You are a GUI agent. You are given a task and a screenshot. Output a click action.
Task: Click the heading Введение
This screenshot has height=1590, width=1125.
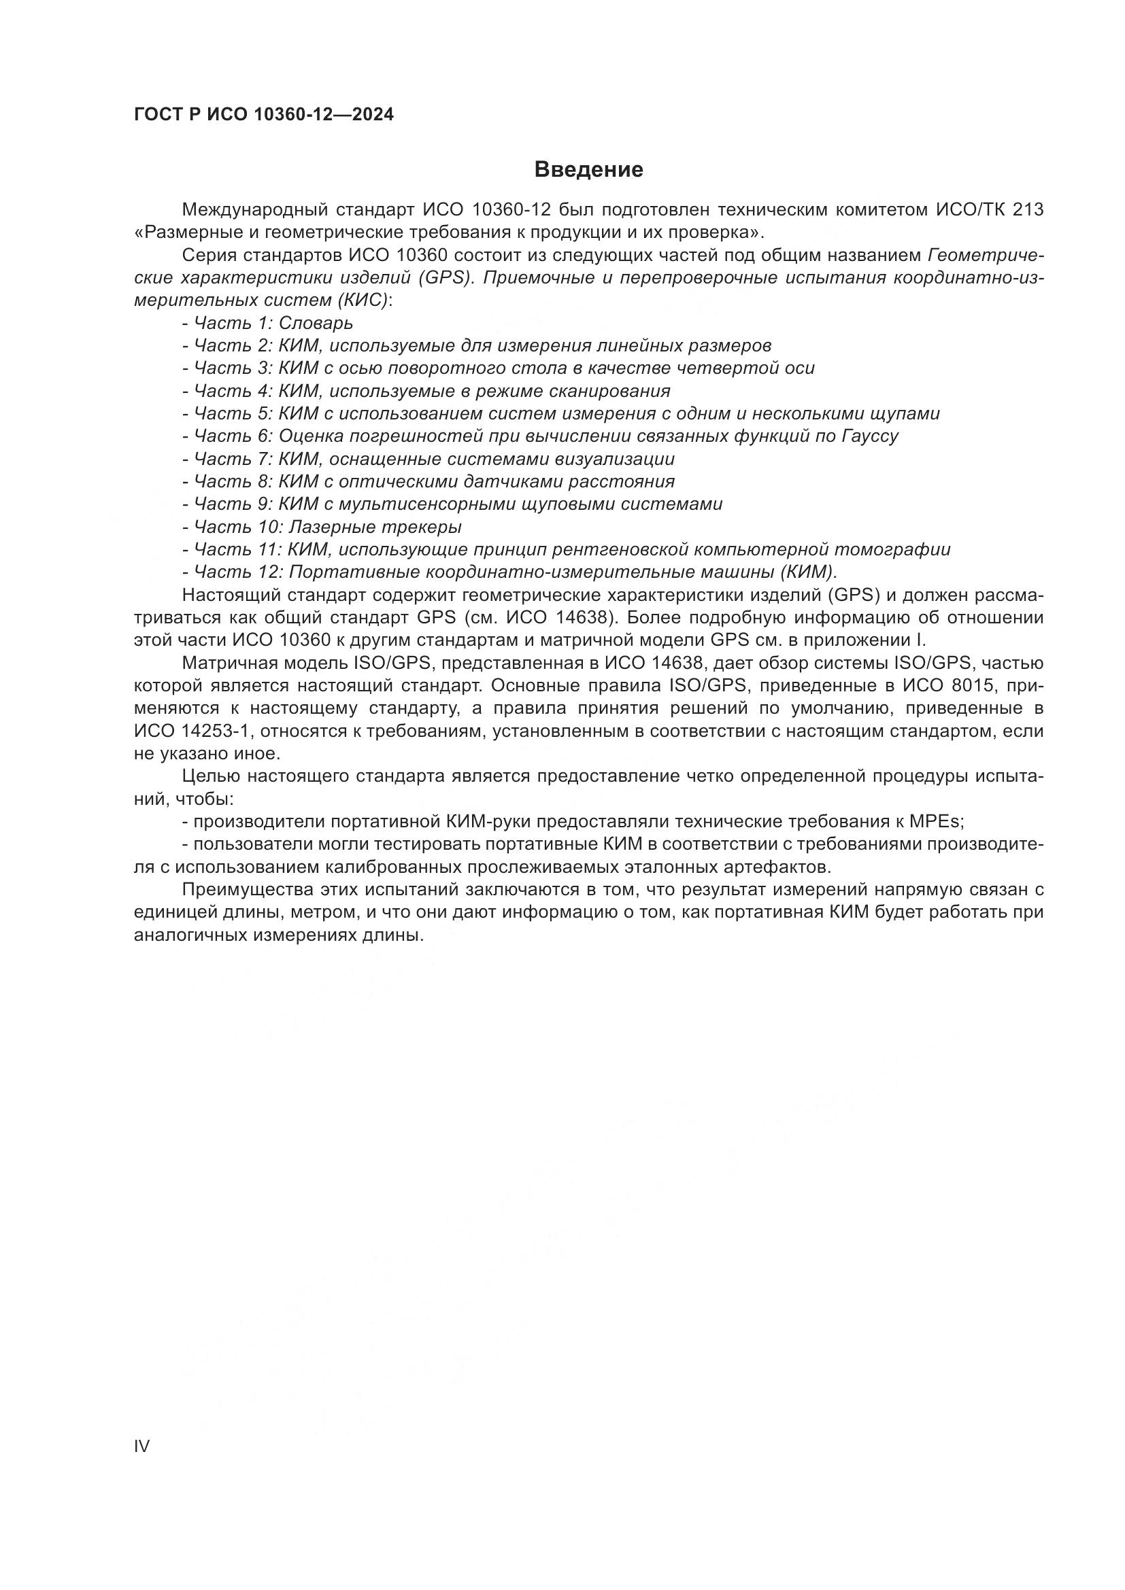(x=589, y=170)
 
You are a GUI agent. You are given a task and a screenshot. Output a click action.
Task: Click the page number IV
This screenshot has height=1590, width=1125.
(x=142, y=1446)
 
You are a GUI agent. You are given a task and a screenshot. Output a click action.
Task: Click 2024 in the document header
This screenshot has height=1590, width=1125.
(x=373, y=115)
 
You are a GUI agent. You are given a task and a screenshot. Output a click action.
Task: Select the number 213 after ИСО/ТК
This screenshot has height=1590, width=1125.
(x=1028, y=210)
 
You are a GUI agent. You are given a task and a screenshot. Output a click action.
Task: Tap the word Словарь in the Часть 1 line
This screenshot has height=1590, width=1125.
(x=316, y=324)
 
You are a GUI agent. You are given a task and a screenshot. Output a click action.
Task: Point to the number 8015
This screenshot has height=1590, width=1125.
(x=972, y=687)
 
